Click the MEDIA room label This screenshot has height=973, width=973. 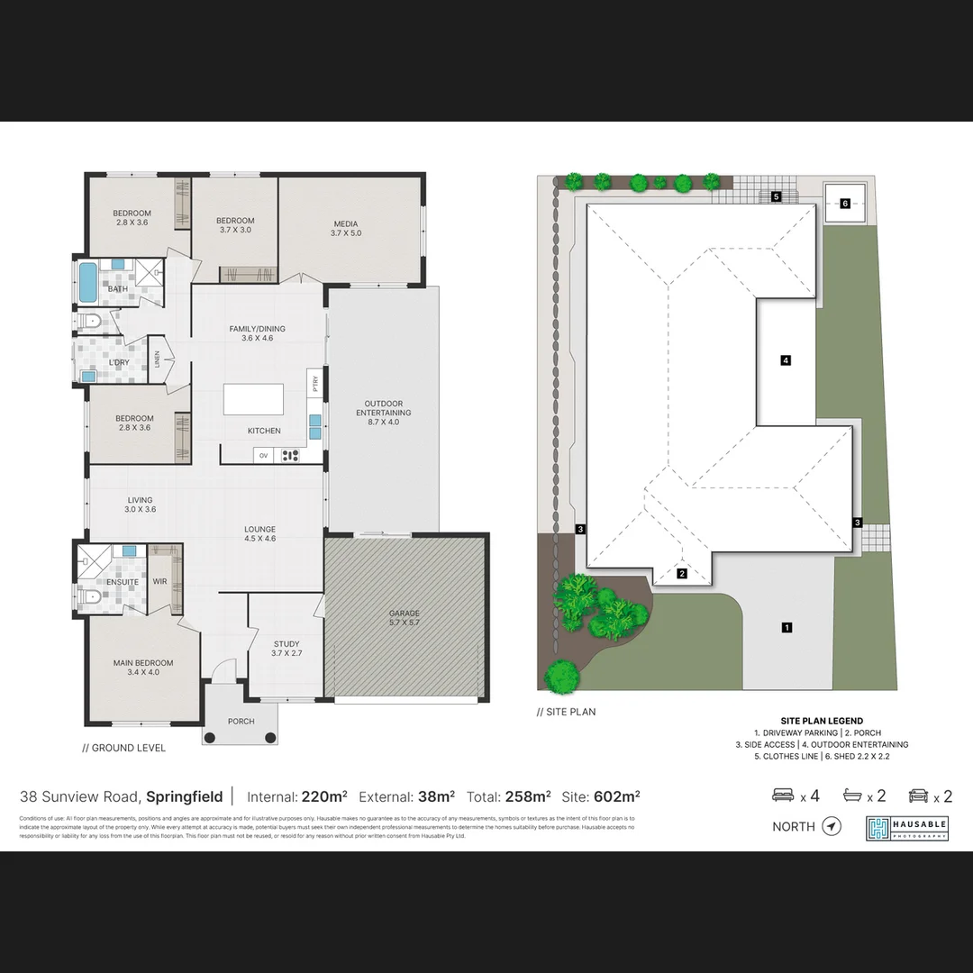pyautogui.click(x=345, y=229)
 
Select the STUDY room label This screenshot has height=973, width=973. pyautogui.click(x=286, y=649)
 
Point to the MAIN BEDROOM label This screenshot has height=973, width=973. pyautogui.click(x=143, y=668)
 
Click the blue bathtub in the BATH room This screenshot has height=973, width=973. pyautogui.click(x=87, y=282)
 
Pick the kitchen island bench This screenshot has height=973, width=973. pyautogui.click(x=252, y=399)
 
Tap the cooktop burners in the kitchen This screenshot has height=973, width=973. pyautogui.click(x=290, y=455)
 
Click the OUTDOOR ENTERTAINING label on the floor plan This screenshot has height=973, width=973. pyautogui.click(x=383, y=413)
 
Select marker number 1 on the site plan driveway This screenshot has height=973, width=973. pyautogui.click(x=787, y=627)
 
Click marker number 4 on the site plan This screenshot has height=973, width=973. pyautogui.click(x=786, y=360)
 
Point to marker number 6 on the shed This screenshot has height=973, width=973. pyautogui.click(x=845, y=204)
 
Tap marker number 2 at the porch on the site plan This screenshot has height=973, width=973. pyautogui.click(x=682, y=573)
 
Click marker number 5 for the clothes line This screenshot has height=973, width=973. pyautogui.click(x=776, y=196)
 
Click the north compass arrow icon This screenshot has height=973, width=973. pyautogui.click(x=832, y=826)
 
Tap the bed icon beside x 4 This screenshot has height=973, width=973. pyautogui.click(x=783, y=796)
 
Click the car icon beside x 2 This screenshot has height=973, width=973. pyautogui.click(x=918, y=796)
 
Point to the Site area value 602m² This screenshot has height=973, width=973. pyautogui.click(x=618, y=796)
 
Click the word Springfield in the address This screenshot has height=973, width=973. pyautogui.click(x=184, y=796)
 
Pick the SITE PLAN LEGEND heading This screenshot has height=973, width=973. pyautogui.click(x=821, y=721)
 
